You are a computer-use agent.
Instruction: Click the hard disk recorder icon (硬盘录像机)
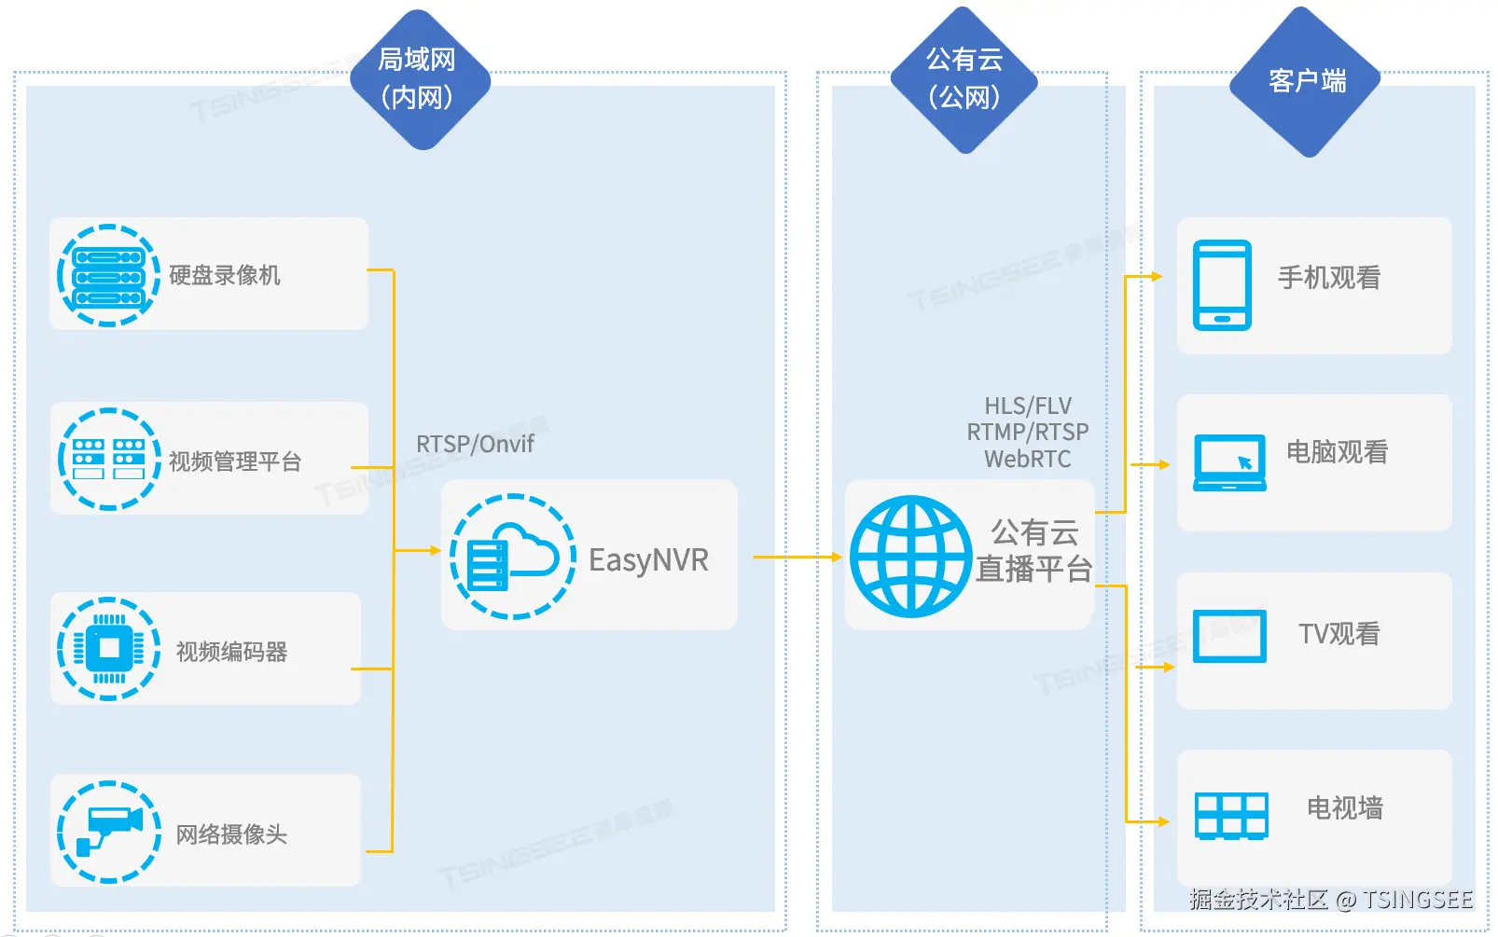point(108,275)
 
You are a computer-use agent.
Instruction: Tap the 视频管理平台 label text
point(235,462)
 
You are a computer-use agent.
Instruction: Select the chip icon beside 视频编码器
point(108,648)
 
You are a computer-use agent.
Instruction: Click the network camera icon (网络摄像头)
point(108,832)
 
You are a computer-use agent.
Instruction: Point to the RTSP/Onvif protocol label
point(475,444)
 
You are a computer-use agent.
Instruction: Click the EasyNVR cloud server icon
point(512,557)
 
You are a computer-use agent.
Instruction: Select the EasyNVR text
point(648,560)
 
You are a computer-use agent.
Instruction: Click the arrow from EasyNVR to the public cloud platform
point(798,558)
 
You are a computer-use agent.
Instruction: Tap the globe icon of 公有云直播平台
point(910,557)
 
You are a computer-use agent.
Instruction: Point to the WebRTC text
point(1028,459)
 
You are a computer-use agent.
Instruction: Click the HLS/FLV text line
point(1028,406)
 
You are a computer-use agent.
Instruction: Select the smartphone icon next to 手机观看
point(1222,285)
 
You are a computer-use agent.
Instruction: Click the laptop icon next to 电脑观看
point(1229,462)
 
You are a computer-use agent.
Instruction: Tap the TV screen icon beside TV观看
point(1229,636)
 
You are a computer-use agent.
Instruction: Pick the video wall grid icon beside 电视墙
point(1231,816)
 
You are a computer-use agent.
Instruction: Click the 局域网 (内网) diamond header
point(418,79)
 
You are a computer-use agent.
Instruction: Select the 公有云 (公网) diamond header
point(964,79)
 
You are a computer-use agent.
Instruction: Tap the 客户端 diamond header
point(1306,81)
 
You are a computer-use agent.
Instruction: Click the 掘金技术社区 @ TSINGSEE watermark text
point(1330,899)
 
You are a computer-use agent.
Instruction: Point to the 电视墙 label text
point(1344,807)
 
